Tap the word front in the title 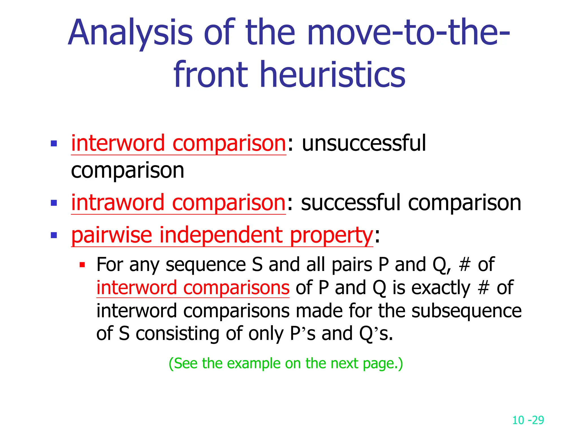211,75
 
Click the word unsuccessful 364,143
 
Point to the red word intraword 118,203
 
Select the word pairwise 112,235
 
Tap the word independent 221,235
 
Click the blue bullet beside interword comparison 54,144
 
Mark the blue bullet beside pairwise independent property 54,235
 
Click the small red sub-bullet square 82,265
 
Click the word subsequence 466,311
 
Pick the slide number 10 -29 528,420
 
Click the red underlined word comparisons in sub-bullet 236,288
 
